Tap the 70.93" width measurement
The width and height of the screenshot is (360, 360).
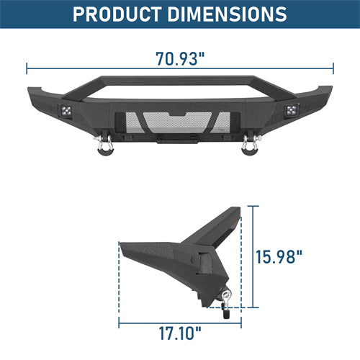click(x=181, y=58)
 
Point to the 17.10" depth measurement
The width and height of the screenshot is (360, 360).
click(x=181, y=333)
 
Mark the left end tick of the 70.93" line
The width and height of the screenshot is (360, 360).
click(x=27, y=68)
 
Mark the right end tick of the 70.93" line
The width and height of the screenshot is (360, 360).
click(x=333, y=68)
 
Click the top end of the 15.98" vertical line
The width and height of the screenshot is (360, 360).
click(x=253, y=205)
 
